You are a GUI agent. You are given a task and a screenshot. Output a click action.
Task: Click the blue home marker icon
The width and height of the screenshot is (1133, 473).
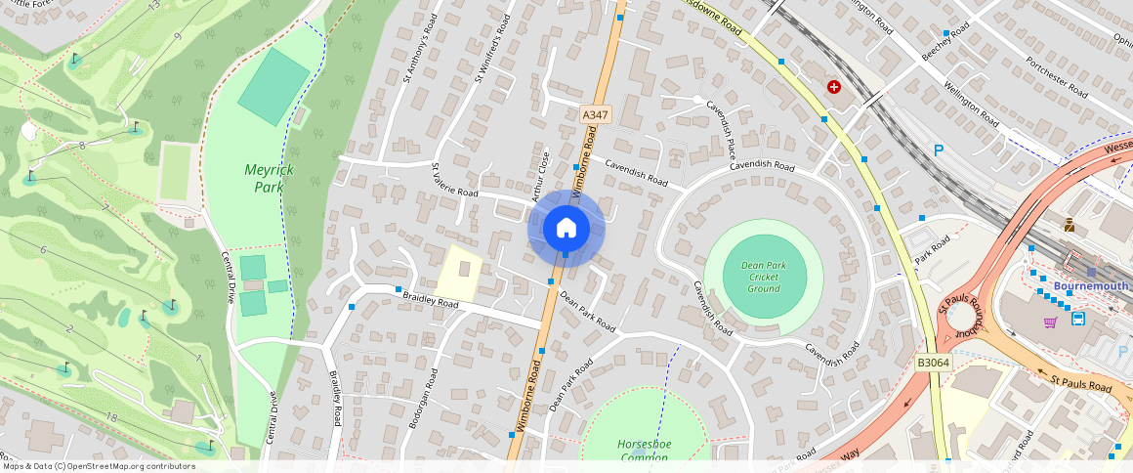[566, 229]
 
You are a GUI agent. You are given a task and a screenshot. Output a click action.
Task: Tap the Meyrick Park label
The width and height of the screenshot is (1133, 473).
[269, 178]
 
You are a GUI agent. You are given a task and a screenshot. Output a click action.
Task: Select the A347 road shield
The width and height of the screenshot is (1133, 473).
[595, 114]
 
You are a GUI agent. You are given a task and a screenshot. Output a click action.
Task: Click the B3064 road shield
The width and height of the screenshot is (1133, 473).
[933, 363]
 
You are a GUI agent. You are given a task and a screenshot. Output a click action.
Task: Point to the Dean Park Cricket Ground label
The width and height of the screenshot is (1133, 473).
[764, 277]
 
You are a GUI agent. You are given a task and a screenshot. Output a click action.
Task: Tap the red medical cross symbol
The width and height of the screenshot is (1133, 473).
[834, 87]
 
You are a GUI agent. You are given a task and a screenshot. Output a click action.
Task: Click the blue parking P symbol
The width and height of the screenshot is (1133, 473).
[939, 150]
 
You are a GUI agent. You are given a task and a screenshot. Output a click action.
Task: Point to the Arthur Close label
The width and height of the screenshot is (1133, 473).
[538, 176]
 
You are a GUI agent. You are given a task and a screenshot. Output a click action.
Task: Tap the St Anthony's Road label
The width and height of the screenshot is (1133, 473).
[417, 61]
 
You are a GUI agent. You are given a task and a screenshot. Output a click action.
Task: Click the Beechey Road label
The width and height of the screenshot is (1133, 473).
[946, 43]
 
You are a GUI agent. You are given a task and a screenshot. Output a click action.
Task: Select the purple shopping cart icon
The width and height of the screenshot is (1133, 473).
[1051, 322]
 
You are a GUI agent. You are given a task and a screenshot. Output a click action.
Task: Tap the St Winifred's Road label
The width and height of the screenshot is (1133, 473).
[491, 49]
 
